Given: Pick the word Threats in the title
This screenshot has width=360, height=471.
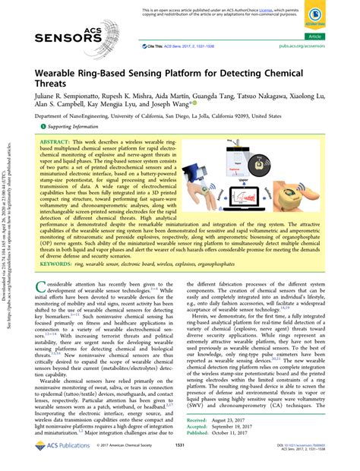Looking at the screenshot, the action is [53, 89].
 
